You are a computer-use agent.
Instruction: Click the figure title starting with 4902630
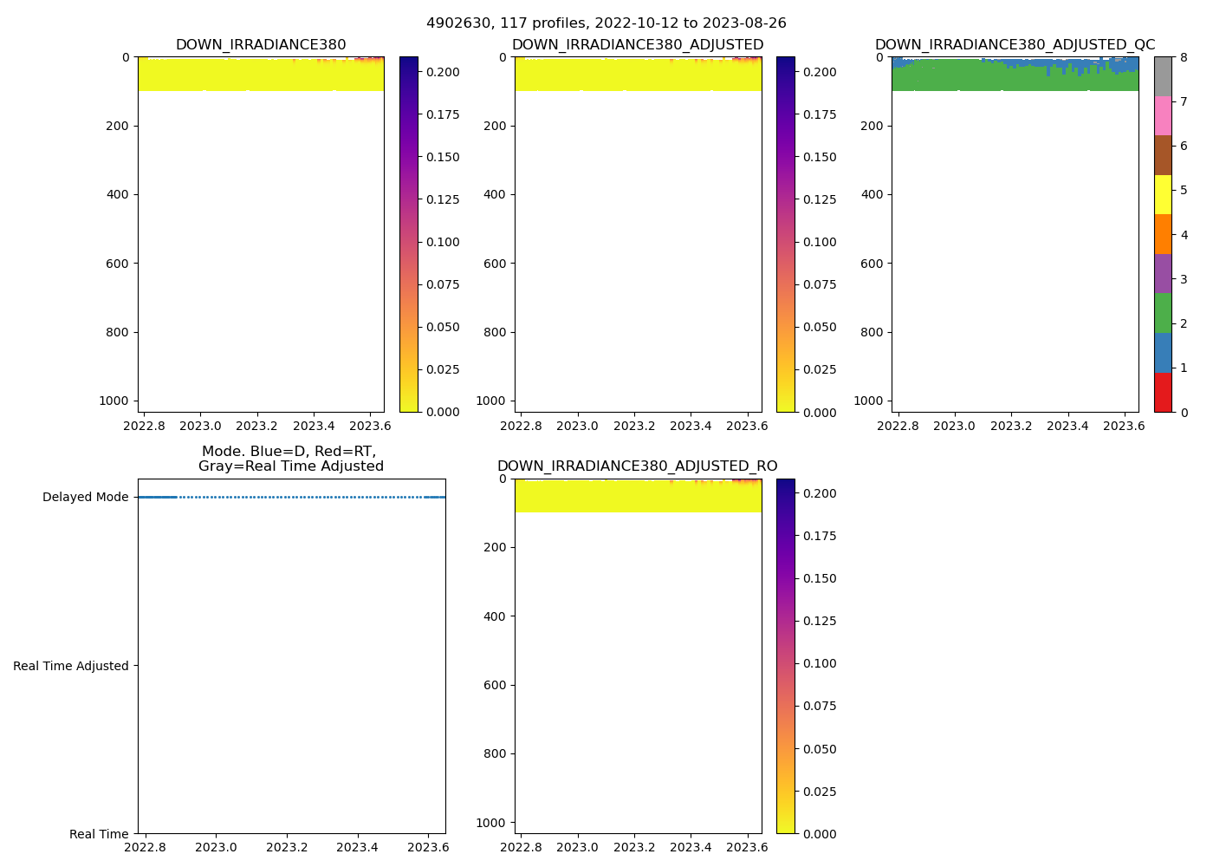(606, 23)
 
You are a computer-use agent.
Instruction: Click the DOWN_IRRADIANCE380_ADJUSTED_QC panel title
(1015, 45)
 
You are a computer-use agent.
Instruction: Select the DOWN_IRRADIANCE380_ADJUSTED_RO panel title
(637, 466)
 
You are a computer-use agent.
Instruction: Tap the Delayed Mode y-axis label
(85, 498)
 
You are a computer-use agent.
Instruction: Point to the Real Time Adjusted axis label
(71, 666)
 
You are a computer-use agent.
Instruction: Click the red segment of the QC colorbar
(1163, 392)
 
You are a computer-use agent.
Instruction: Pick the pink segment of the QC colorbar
(1163, 115)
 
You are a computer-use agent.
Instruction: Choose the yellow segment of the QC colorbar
(1163, 194)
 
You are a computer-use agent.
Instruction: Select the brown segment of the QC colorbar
(1163, 155)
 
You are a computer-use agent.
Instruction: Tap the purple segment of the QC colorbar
(1163, 273)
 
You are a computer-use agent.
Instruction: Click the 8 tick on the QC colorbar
(1184, 57)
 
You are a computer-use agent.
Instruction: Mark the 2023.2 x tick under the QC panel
(1011, 426)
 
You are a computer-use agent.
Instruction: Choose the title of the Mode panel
(290, 459)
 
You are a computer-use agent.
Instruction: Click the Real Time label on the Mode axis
(99, 834)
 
